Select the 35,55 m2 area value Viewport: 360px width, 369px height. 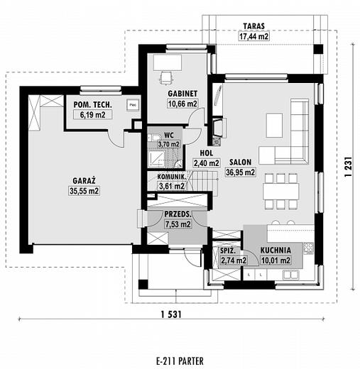pos(84,191)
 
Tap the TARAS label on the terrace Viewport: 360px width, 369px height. pos(254,26)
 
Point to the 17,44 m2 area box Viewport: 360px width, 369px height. pos(254,36)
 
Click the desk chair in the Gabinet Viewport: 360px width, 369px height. pos(166,77)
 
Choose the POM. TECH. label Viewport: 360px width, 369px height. pos(92,104)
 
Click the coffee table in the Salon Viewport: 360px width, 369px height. pos(274,125)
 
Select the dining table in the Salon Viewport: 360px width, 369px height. pos(280,192)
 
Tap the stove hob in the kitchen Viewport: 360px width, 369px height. pos(308,248)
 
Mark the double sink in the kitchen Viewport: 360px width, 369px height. pos(290,275)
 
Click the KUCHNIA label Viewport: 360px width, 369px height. pos(276,250)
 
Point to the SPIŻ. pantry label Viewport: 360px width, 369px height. pos(228,250)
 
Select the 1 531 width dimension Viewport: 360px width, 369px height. pos(171,314)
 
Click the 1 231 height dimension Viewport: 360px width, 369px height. pos(348,167)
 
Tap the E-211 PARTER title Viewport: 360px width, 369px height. pos(180,361)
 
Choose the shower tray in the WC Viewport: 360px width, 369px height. pos(156,159)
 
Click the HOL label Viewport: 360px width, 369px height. pos(207,153)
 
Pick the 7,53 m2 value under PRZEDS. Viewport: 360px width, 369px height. pos(178,224)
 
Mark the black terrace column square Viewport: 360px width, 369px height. pos(318,49)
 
